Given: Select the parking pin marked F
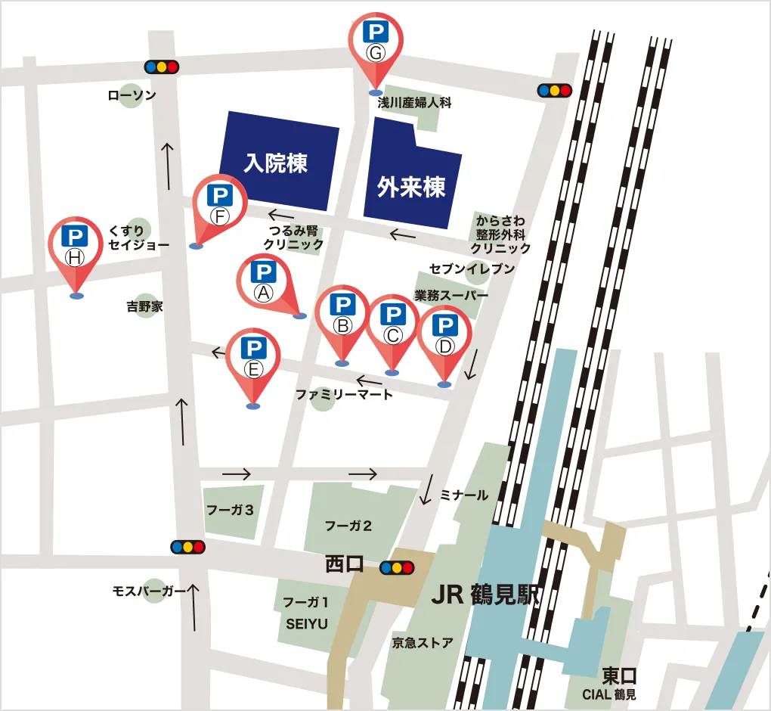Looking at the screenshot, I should [x=219, y=204].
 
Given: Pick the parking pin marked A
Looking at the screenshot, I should [x=264, y=281].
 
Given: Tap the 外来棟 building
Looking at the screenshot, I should [x=412, y=186].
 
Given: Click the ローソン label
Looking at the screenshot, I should [x=132, y=95].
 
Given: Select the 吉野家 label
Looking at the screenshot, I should [x=144, y=306].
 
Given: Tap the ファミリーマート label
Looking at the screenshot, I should [x=344, y=394].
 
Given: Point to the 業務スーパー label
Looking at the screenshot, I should [x=451, y=294].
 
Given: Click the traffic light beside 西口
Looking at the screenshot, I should [x=397, y=567].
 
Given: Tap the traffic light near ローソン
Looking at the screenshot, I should [x=162, y=67].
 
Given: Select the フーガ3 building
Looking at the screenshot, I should [x=230, y=510].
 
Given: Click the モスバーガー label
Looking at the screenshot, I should [x=148, y=591].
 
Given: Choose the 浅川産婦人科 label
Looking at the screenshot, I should [x=414, y=103].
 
